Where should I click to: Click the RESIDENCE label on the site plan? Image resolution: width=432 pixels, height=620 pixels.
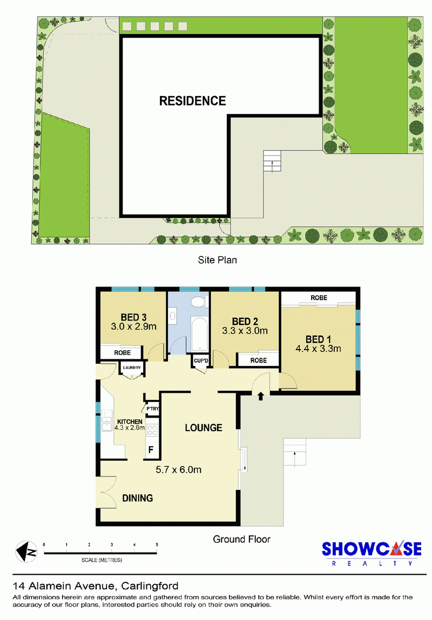tap(192, 101)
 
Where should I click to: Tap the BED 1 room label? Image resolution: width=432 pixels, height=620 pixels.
tap(318, 339)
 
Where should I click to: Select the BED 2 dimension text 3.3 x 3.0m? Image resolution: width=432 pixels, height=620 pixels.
tap(245, 331)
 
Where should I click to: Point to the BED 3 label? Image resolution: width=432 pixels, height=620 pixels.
tap(134, 317)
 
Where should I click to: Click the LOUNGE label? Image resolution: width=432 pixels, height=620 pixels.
tap(204, 427)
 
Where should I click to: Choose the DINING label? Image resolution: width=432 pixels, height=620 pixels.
tap(137, 498)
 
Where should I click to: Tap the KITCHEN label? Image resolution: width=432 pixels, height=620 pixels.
tap(130, 422)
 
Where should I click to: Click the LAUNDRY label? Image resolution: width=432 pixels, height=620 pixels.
tap(132, 367)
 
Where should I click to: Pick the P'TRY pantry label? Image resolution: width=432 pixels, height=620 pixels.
tap(152, 409)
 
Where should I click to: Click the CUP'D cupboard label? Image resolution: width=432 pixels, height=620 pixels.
tap(201, 360)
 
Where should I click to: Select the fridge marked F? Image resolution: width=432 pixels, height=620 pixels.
tap(151, 449)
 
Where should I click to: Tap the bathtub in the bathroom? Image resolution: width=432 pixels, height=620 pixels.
tap(199, 333)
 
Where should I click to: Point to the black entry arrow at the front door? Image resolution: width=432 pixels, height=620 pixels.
tap(260, 396)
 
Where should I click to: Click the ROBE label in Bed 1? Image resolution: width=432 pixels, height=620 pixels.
tap(319, 298)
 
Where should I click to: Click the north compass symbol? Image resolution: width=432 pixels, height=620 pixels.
tap(26, 551)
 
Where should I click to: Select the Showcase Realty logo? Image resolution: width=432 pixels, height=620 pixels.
tap(372, 553)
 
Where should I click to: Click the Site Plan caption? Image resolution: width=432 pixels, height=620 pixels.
tap(217, 260)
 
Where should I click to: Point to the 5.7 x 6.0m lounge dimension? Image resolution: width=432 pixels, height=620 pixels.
tap(178, 469)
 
